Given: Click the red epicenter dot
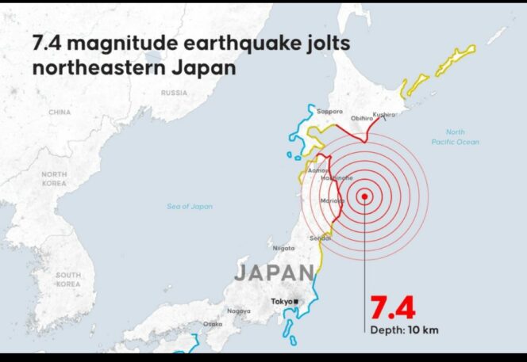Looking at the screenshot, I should pyautogui.click(x=364, y=196).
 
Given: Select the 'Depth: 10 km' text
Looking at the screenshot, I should pyautogui.click(x=402, y=330).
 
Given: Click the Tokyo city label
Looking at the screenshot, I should pyautogui.click(x=281, y=302).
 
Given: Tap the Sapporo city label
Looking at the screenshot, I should pyautogui.click(x=329, y=112).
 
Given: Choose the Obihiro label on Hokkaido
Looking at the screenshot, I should pyautogui.click(x=362, y=118).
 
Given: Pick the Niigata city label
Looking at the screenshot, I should pyautogui.click(x=283, y=248).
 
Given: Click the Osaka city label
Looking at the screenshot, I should pyautogui.click(x=213, y=324).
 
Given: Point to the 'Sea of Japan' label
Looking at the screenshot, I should pyautogui.click(x=190, y=207).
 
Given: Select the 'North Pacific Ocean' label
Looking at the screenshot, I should pyautogui.click(x=455, y=136).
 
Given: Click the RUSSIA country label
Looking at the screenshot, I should pyautogui.click(x=174, y=93).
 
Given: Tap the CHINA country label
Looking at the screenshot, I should pyautogui.click(x=60, y=112).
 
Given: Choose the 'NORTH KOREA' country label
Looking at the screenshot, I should pyautogui.click(x=54, y=178).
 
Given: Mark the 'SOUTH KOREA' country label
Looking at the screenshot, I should pyautogui.click(x=67, y=279).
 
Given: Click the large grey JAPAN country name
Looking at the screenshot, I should pyautogui.click(x=274, y=273).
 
